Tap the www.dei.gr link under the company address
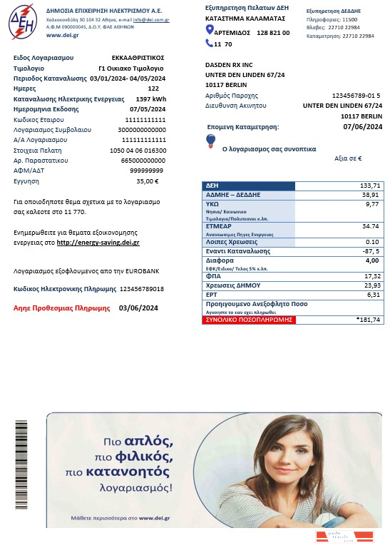[63, 35]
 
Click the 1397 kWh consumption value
[150, 98]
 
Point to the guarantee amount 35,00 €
[147, 181]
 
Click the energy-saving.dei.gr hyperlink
[98, 243]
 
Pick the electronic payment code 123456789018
[141, 289]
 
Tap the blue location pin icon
[210, 29]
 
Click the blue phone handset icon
[209, 44]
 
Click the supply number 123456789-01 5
[356, 95]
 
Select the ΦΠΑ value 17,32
[371, 275]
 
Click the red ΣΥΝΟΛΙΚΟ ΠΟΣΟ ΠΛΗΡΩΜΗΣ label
[239, 320]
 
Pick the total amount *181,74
[368, 320]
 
